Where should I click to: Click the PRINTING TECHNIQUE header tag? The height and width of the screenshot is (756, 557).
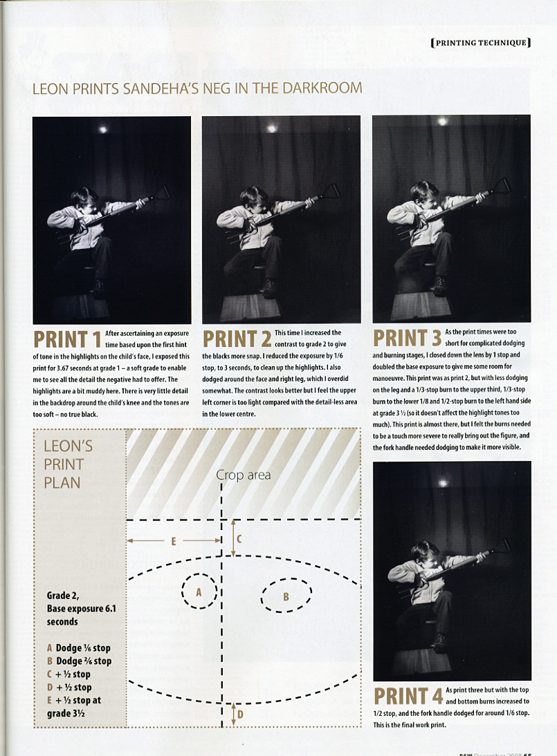point(481,42)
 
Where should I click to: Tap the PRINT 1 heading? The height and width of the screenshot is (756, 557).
point(67,339)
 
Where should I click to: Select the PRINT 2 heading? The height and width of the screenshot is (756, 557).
point(237,339)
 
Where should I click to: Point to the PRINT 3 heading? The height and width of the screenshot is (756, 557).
point(408,338)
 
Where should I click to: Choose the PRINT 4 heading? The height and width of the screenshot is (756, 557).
point(408,697)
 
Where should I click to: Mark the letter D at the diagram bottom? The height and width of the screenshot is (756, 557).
point(240,714)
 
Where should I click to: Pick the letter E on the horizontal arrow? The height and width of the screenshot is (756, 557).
point(174,542)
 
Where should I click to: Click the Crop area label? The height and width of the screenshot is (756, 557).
point(244,475)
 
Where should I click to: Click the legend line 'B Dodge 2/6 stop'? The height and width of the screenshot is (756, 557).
point(79,661)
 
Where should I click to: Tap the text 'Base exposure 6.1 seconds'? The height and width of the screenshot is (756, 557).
point(81,615)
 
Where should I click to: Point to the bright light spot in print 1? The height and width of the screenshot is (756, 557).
point(103,129)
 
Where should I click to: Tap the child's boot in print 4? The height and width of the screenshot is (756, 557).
point(439,641)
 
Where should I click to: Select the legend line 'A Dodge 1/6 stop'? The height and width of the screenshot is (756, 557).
point(79,648)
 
